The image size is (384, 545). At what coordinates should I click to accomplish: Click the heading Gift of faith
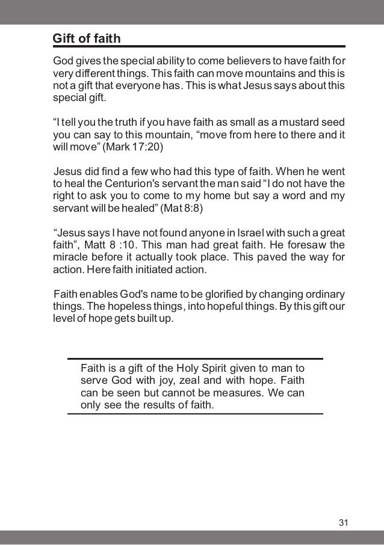tap(87, 39)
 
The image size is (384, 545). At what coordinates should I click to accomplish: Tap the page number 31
tap(343, 521)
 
